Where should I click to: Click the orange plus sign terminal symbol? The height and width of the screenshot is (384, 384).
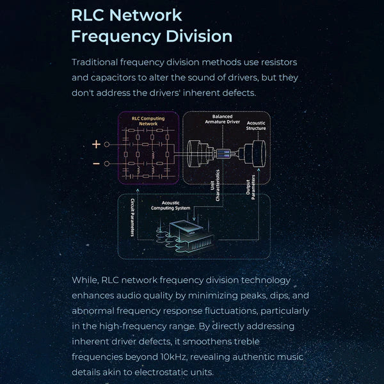(x=96, y=145)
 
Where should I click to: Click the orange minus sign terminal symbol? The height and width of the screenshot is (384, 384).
(x=96, y=163)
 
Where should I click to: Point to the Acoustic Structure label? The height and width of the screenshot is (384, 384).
(x=256, y=125)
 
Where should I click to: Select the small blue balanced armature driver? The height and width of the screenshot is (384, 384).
(x=224, y=154)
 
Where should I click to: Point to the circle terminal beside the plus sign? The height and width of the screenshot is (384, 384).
(x=107, y=145)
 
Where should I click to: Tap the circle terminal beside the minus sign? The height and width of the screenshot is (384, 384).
(x=107, y=163)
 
